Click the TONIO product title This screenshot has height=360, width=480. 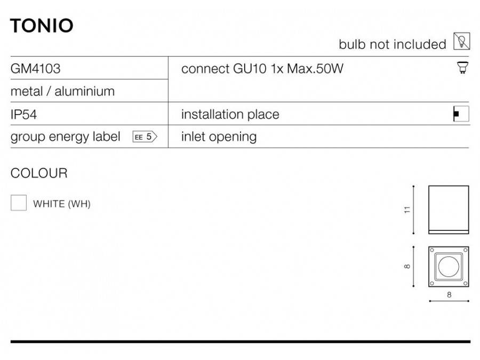coord(42,26)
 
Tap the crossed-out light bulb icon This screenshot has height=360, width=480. coord(462,41)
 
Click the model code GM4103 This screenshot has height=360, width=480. coord(36,69)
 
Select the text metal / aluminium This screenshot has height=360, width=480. coord(62,91)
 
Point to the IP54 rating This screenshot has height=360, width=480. coord(23,115)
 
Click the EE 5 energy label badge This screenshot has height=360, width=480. coord(145,137)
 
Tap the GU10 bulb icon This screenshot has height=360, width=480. coord(462,67)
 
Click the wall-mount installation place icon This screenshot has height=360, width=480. coord(461,114)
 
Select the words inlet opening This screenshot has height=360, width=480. coord(219,137)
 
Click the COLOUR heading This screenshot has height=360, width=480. coord(39,173)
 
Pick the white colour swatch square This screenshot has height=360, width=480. coord(19,203)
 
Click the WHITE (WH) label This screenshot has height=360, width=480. coord(62,204)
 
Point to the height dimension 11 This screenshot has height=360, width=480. coord(407,210)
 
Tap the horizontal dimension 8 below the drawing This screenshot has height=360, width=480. coord(449,295)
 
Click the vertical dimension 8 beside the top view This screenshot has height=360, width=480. coord(407,266)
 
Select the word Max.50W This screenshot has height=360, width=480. coord(315,69)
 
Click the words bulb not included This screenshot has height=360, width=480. coord(393,44)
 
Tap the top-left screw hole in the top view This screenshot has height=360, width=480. coord(432,250)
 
